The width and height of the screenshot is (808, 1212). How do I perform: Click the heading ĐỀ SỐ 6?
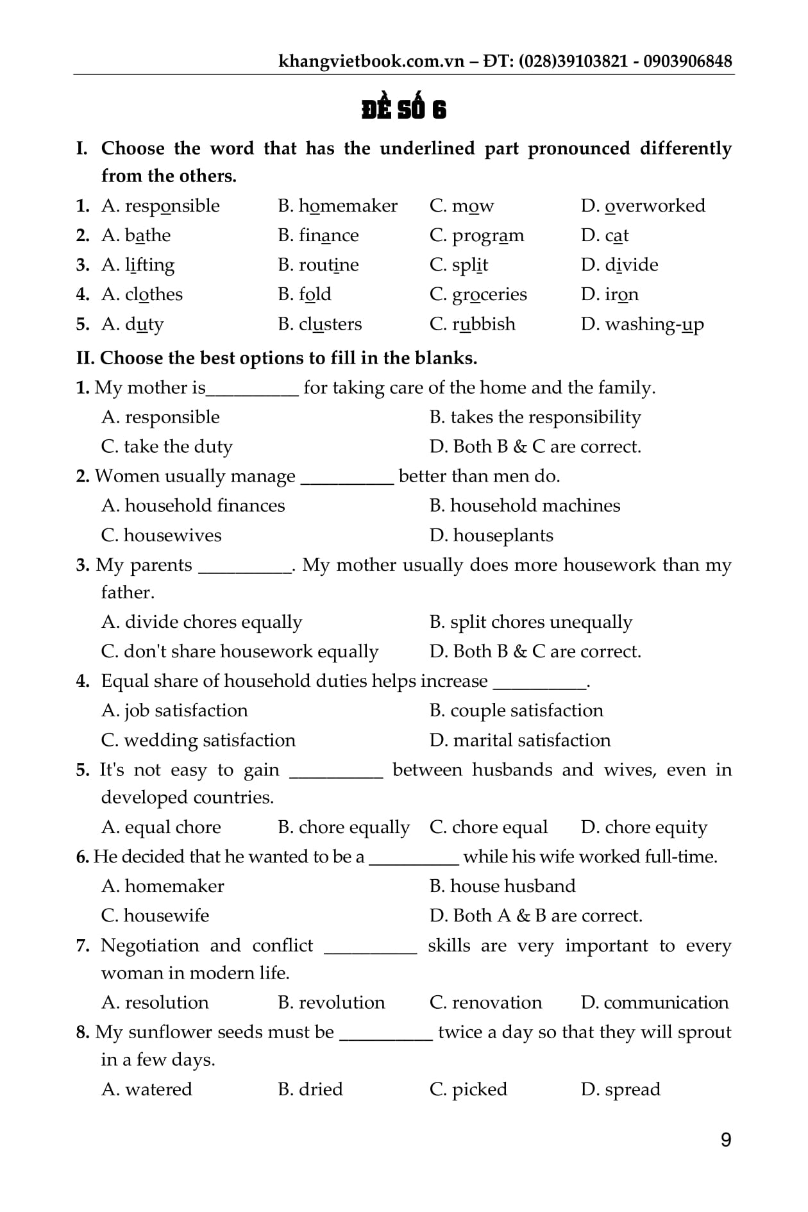tap(403, 110)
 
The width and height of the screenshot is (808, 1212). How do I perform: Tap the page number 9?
tap(726, 1140)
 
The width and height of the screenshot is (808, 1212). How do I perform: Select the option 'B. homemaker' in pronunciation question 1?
tap(337, 206)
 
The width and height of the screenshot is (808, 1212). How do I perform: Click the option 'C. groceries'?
tap(478, 294)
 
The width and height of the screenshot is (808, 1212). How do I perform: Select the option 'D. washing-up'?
tap(642, 324)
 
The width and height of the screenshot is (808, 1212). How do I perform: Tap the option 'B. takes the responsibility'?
tap(535, 417)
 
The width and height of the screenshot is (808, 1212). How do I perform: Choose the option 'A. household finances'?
tap(193, 506)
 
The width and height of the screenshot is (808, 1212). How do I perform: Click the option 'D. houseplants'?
tap(491, 535)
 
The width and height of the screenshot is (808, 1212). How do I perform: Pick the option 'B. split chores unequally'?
tap(531, 622)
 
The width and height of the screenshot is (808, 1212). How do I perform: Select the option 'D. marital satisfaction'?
tap(520, 740)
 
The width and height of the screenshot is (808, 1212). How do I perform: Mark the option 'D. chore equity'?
tap(644, 827)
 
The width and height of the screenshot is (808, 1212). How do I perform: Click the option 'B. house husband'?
tap(502, 886)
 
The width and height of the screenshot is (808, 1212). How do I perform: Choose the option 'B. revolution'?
tap(332, 1002)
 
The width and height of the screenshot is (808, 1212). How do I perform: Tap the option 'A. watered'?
tap(147, 1089)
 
